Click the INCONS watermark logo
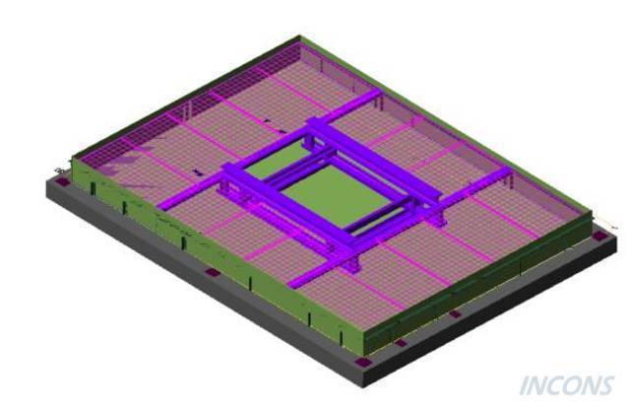click(x=567, y=385)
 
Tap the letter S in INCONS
click(x=605, y=385)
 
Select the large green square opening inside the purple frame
click(x=335, y=195)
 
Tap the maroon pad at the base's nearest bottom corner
click(x=362, y=362)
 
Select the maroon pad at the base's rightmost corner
click(x=599, y=237)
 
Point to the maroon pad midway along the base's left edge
click(x=213, y=272)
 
